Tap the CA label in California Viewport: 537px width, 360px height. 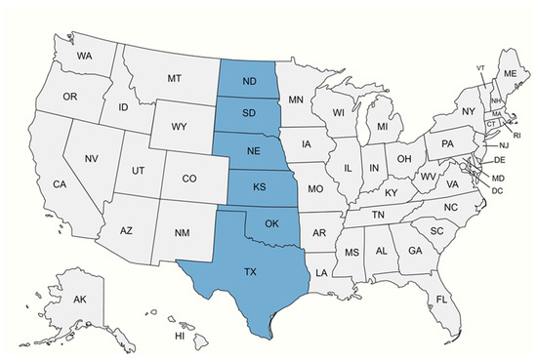pyautogui.click(x=60, y=185)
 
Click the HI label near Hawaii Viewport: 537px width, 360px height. pyautogui.click(x=180, y=336)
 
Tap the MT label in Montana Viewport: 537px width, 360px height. pyautogui.click(x=176, y=77)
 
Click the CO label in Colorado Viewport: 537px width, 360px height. pyautogui.click(x=190, y=179)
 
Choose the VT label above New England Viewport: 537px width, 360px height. pyautogui.click(x=481, y=67)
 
